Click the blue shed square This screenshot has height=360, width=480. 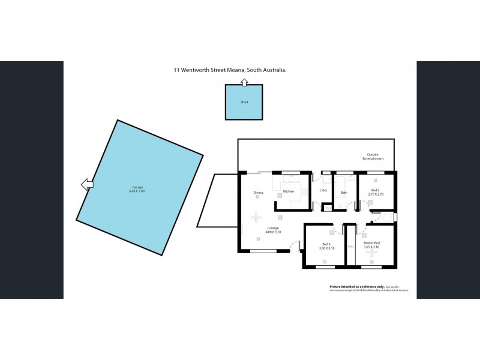point(244,103)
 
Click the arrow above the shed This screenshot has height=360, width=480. point(244,82)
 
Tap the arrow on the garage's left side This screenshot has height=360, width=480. point(88,184)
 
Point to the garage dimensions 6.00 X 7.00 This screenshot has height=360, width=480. point(139,191)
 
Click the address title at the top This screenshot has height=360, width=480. point(230,70)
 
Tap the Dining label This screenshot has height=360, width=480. point(258,193)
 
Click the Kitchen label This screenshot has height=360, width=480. point(288,192)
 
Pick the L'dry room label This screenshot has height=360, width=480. point(323,191)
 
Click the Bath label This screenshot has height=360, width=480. point(344,193)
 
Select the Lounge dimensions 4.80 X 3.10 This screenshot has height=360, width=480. point(273,232)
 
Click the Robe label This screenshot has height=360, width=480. point(351,246)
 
